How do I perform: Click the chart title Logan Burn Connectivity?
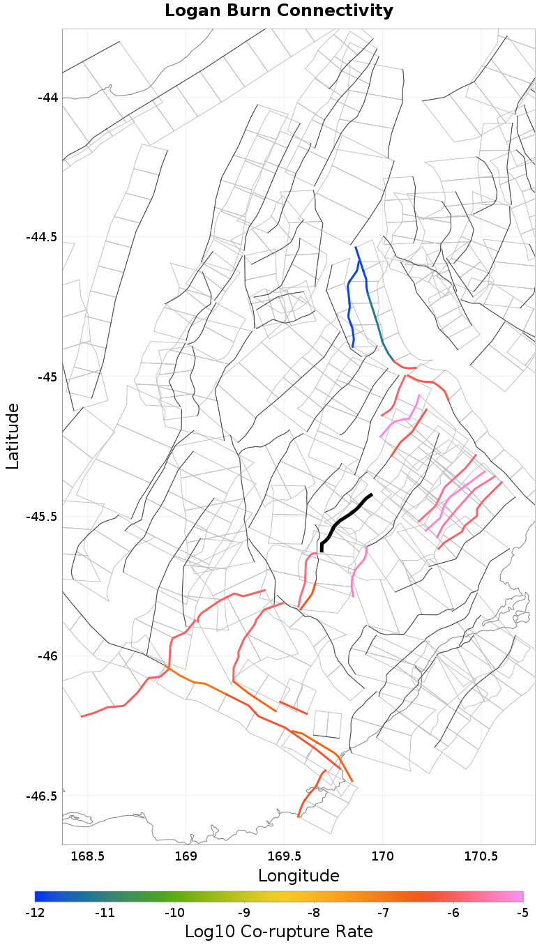coord(279,11)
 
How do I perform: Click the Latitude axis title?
coord(13,436)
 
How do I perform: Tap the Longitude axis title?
coord(299,876)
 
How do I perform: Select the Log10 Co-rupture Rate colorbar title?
coord(279,932)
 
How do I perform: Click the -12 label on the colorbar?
coord(35,913)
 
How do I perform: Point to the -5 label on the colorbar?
coord(523,913)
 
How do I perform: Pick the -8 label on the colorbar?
coord(314,913)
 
